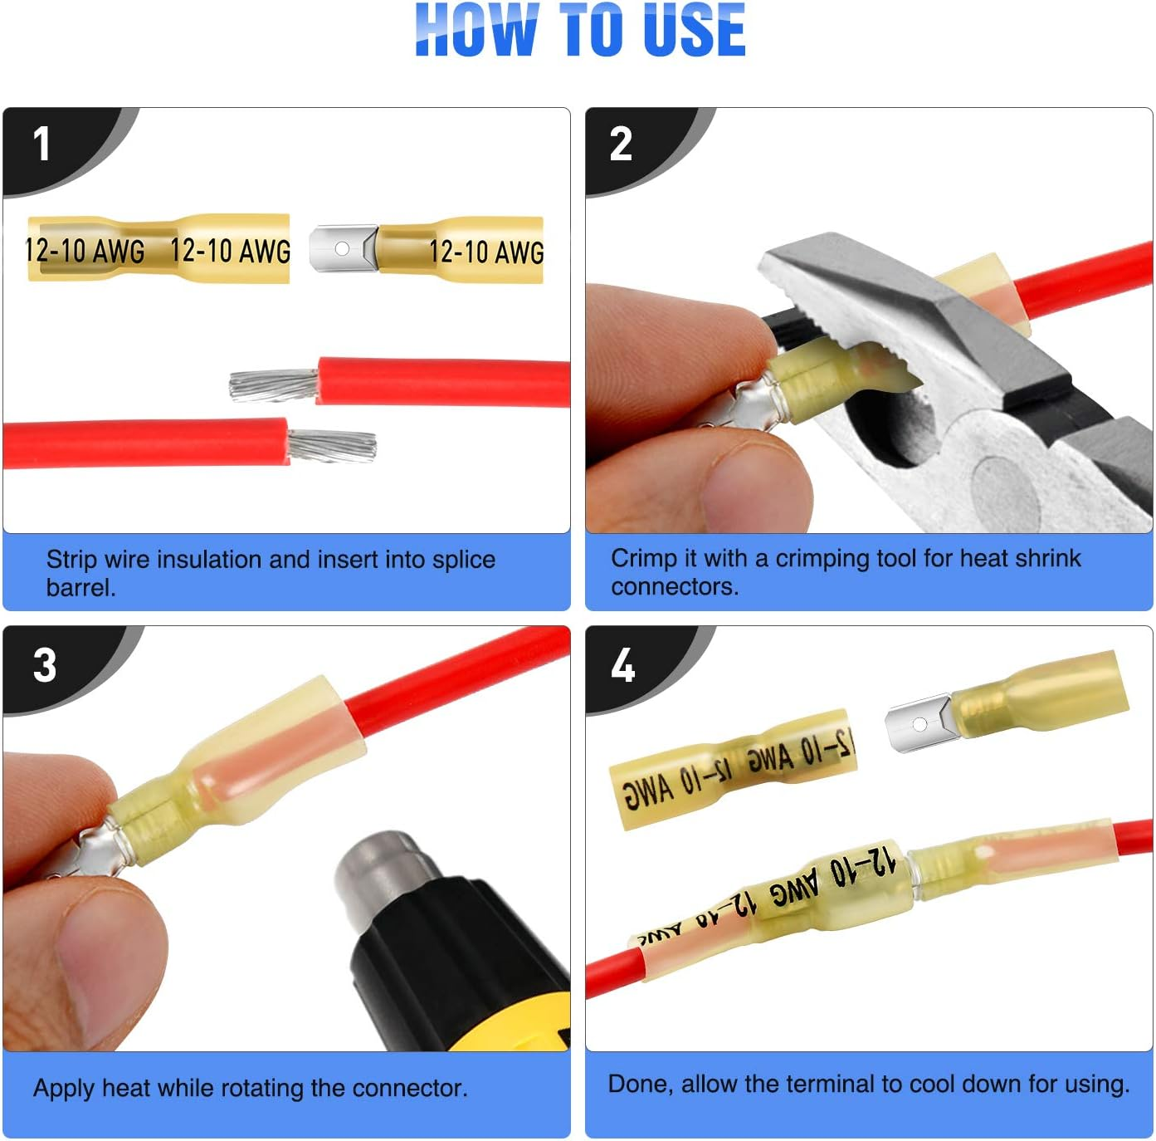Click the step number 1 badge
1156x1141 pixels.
point(41,144)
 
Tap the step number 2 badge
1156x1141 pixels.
point(621,144)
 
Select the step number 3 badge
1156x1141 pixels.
point(45,665)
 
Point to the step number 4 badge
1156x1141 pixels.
point(622,665)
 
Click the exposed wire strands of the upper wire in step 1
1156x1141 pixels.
point(274,385)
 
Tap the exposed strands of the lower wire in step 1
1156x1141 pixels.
point(332,446)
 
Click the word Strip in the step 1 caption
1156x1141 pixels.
point(71,560)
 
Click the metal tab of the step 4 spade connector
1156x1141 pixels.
point(919,723)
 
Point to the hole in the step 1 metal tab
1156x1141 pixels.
point(341,248)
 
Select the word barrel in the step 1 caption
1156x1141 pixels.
point(80,588)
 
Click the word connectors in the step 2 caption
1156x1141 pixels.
point(674,586)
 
